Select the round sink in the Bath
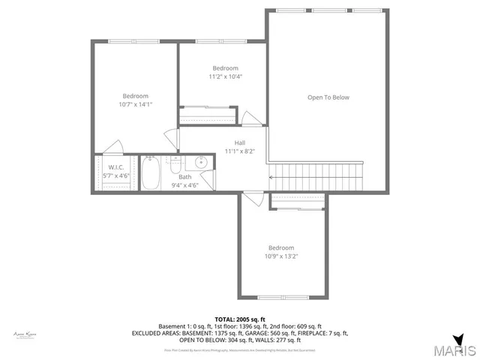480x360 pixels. tap(201, 163)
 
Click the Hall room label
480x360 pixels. tap(239, 142)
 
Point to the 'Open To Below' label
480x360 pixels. tap(328, 97)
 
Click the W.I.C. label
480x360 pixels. tap(115, 167)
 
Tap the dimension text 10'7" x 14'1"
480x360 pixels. tap(136, 105)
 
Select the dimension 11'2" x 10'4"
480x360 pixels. tap(225, 76)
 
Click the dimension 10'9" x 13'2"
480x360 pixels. tap(281, 256)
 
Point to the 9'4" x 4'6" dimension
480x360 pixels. tap(184, 184)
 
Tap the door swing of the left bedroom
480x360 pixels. tap(113, 146)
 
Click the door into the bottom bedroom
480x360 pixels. tap(253, 198)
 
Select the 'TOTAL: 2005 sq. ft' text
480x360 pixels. tap(241, 319)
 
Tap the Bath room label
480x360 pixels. tap(184, 177)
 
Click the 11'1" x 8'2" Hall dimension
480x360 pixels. tap(240, 151)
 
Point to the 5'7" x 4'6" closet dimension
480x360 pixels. tap(115, 175)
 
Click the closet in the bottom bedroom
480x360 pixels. tap(297, 199)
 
